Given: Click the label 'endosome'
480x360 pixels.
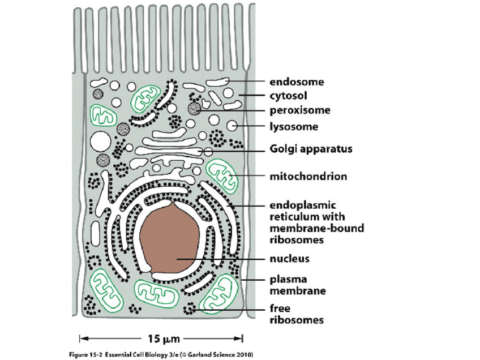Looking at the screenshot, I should click(297, 82).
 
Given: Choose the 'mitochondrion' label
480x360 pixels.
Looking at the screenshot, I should click(308, 177).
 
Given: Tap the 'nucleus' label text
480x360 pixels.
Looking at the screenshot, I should click(289, 259).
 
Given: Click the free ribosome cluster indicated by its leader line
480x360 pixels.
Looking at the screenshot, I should click(191, 309).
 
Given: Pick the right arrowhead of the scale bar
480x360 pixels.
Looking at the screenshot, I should click(242, 339).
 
